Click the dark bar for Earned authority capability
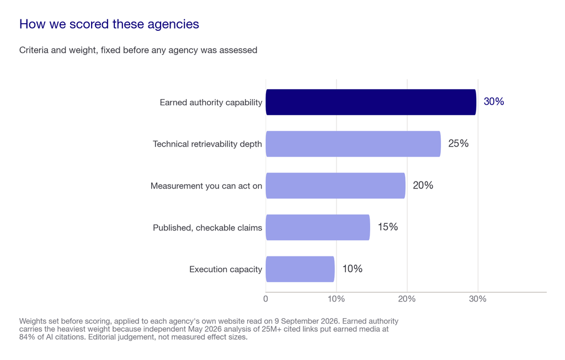[x=371, y=102]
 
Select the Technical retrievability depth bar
[x=353, y=144]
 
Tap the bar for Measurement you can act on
[x=335, y=186]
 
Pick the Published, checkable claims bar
[x=318, y=228]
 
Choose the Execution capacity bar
[x=300, y=269]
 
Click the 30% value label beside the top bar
[x=494, y=102]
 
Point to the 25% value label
[x=459, y=144]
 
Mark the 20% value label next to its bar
[x=423, y=185]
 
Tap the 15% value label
[x=388, y=227]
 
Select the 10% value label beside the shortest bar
[x=353, y=269]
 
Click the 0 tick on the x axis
[x=265, y=299]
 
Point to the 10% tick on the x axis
[x=336, y=299]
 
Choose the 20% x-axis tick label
[x=407, y=299]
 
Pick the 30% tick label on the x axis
[x=477, y=299]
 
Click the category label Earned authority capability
[x=211, y=103]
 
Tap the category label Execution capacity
[x=226, y=269]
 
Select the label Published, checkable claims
[x=207, y=228]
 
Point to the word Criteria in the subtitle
[x=34, y=50]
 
